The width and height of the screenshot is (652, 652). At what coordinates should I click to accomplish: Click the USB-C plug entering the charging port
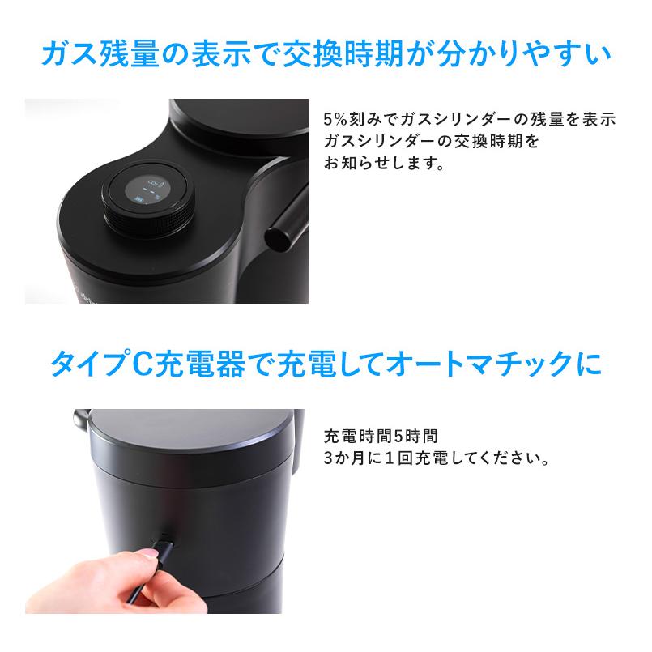tap(165, 539)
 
